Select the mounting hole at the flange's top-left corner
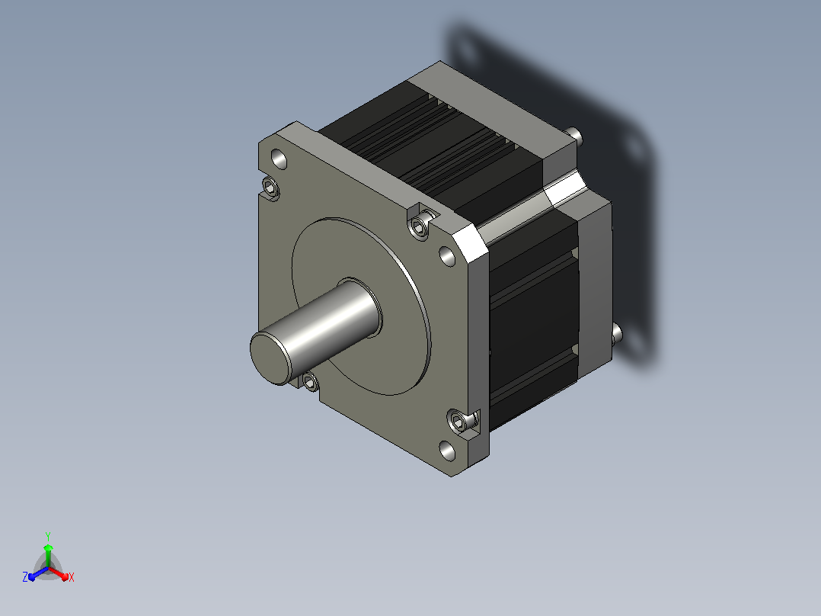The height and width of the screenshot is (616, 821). pyautogui.click(x=279, y=159)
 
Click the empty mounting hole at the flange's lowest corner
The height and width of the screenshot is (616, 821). pyautogui.click(x=447, y=451)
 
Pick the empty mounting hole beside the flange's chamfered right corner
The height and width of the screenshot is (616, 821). pyautogui.click(x=447, y=256)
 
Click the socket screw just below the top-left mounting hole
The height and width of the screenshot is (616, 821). pyautogui.click(x=270, y=187)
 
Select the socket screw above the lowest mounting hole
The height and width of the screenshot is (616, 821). pyautogui.click(x=458, y=421)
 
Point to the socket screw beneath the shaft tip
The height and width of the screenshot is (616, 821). pyautogui.click(x=309, y=382)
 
